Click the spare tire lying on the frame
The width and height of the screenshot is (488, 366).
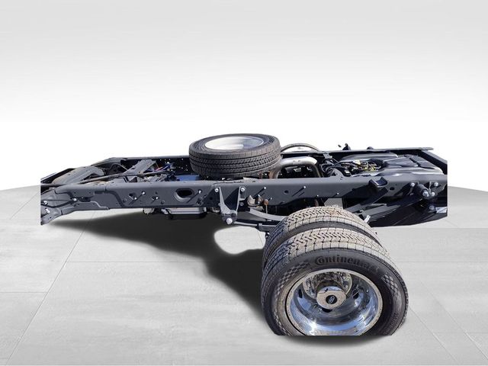tap(235, 156)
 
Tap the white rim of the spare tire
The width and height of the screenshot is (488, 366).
tap(235, 143)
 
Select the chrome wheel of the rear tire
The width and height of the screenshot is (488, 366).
tap(333, 300)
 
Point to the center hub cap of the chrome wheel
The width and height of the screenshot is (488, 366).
tap(332, 297)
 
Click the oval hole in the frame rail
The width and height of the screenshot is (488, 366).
tap(184, 194)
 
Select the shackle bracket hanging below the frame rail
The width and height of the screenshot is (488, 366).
tap(226, 206)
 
